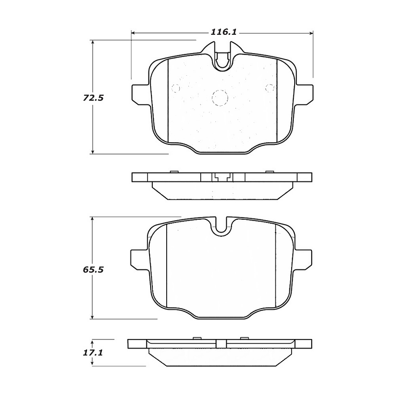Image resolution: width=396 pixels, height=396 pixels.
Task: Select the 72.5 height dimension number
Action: (x=94, y=98)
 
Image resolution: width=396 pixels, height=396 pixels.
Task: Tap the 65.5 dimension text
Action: (x=94, y=269)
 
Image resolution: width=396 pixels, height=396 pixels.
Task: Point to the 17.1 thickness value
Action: (x=94, y=353)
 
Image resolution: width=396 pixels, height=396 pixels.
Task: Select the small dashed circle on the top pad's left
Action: (x=176, y=88)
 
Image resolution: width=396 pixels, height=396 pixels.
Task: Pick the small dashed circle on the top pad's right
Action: (x=270, y=88)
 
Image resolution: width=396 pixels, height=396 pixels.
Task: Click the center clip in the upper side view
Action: (x=222, y=177)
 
